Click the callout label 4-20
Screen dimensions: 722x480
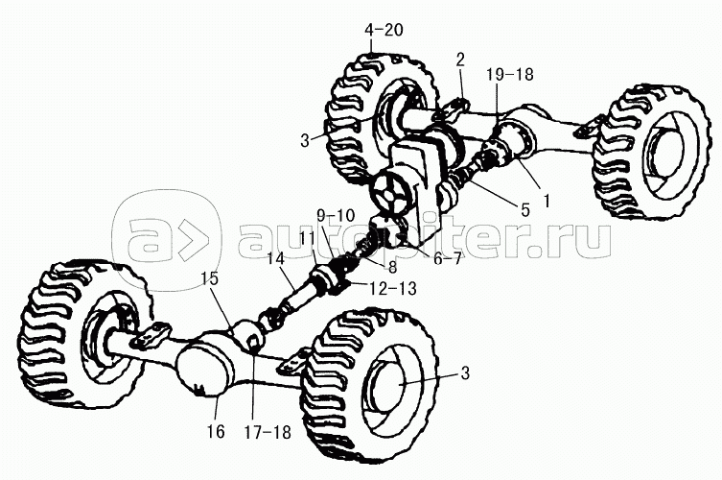pyautogui.click(x=384, y=30)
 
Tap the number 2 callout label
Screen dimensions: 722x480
pyautogui.click(x=460, y=59)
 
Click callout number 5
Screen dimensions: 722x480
pyautogui.click(x=524, y=210)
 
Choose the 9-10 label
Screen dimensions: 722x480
pyautogui.click(x=336, y=215)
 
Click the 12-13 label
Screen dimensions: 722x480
pyautogui.click(x=393, y=289)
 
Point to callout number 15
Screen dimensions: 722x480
pyautogui.click(x=209, y=279)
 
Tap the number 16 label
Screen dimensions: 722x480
pyautogui.click(x=216, y=432)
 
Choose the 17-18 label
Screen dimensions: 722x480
pyautogui.click(x=268, y=433)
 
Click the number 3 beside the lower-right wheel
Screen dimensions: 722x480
pyautogui.click(x=465, y=373)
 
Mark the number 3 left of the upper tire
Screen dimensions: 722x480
pyautogui.click(x=305, y=140)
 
